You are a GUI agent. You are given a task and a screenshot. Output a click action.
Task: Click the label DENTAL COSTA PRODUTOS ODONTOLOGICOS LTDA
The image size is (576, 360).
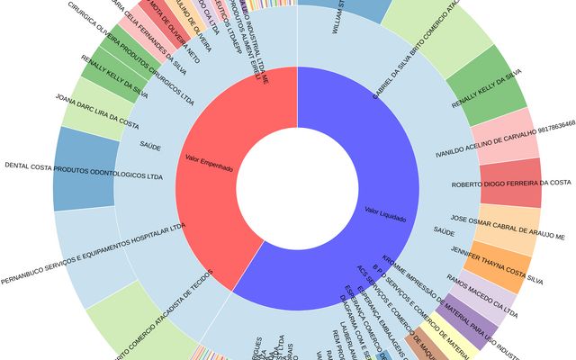(x=84, y=166)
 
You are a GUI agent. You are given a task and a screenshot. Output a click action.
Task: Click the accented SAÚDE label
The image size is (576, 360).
(x=444, y=231)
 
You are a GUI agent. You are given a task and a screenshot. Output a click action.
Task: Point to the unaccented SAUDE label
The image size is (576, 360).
(x=150, y=144)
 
